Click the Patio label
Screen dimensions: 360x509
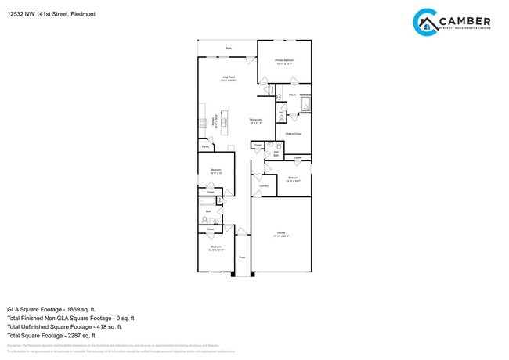click(229, 49)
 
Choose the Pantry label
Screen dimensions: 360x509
click(205, 146)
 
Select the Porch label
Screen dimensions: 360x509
click(243, 257)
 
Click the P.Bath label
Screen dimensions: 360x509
click(292, 95)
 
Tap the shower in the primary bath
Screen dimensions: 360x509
click(306, 105)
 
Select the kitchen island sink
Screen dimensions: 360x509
click(222, 124)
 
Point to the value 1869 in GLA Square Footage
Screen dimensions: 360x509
click(84, 309)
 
